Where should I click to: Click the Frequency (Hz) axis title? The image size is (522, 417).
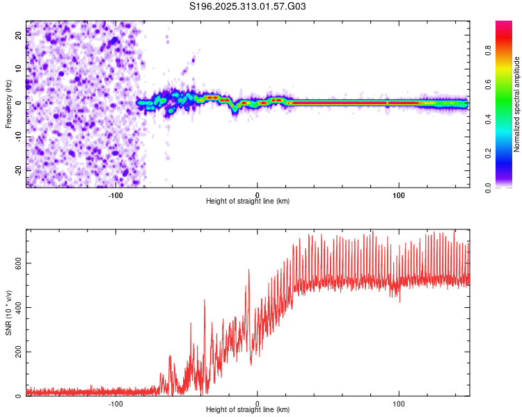(x=8, y=104)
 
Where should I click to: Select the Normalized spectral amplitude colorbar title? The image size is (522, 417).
(x=517, y=104)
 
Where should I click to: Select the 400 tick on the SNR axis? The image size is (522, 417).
(x=16, y=307)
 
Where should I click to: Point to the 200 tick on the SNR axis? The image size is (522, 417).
(x=16, y=352)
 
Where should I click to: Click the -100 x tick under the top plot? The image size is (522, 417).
(x=116, y=195)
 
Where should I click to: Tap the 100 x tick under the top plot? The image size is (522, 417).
(x=399, y=195)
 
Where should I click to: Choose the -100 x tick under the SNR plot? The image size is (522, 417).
(x=116, y=403)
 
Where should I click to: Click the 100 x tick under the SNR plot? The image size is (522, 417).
(x=399, y=403)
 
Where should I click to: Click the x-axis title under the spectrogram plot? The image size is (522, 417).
(x=248, y=202)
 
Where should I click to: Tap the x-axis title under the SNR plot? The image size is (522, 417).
(x=248, y=411)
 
